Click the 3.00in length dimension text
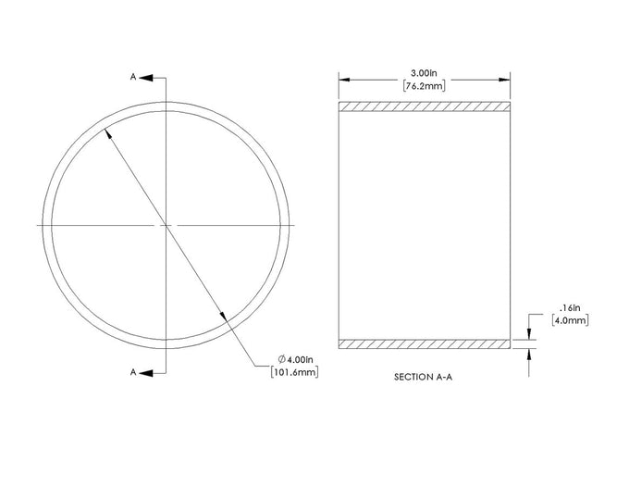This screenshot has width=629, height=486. pyautogui.click(x=424, y=73)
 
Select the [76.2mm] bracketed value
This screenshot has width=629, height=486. pyautogui.click(x=424, y=86)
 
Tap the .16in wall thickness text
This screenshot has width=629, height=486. pyautogui.click(x=570, y=308)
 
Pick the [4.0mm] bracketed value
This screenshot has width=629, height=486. pyautogui.click(x=570, y=320)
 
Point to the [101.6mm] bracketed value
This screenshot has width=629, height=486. pyautogui.click(x=295, y=372)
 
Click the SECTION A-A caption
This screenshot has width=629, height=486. pyautogui.click(x=424, y=377)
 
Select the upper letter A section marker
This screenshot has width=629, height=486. pyautogui.click(x=133, y=77)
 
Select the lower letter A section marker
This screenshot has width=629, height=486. pyautogui.click(x=133, y=372)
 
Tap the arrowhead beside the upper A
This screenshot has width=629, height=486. pyautogui.click(x=146, y=78)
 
